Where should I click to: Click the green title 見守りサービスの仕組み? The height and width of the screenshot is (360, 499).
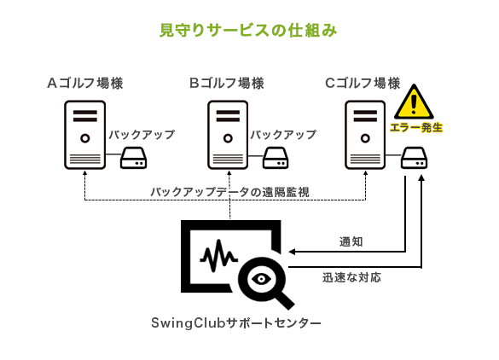pos(248,30)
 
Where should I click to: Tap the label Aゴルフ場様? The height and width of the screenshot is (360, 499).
pos(85,83)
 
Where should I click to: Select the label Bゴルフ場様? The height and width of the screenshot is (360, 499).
pos(227,83)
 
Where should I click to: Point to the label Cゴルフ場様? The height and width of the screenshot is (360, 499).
pos(363,83)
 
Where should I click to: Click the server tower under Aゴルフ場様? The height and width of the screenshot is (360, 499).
pos(85,135)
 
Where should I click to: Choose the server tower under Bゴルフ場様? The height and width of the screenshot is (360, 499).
pos(228,135)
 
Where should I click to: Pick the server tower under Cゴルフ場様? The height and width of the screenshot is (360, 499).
pos(365,135)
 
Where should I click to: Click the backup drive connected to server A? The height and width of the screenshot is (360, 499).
pos(133,158)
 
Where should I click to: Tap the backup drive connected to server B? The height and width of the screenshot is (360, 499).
pos(276,158)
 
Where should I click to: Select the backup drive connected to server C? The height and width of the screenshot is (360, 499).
pos(414,158)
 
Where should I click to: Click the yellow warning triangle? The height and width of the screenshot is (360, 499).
pos(414,102)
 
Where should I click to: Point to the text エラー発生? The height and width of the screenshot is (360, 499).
pos(416,128)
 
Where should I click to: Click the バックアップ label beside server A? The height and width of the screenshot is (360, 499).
pos(142,135)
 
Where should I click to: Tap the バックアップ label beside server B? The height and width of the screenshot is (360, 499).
pos(283,135)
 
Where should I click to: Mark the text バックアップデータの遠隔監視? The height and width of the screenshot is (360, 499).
pos(229,192)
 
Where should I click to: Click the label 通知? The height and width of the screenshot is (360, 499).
pos(351,242)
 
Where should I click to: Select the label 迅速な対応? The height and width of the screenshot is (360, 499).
pos(351,277)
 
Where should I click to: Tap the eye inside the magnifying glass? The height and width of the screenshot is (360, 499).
pos(261,279)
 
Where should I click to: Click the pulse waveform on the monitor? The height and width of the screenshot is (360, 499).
pos(219,256)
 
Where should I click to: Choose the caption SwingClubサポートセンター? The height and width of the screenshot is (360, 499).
pos(236,323)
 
